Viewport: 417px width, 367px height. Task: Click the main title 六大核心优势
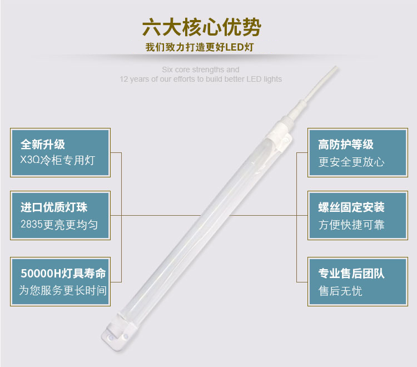201,27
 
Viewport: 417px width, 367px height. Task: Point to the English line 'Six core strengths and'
201,70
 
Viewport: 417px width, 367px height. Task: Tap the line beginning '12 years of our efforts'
201,79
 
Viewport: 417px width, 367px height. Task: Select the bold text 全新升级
43,145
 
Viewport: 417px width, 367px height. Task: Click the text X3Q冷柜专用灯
58,161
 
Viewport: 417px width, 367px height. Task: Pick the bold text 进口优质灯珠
54,208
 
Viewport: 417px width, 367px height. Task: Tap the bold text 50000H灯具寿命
63,274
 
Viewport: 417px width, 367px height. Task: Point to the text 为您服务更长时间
63,290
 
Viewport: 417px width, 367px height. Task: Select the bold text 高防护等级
346,145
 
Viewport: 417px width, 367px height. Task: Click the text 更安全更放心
351,162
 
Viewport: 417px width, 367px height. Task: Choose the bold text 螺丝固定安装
351,208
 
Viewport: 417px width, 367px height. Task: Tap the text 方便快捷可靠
351,225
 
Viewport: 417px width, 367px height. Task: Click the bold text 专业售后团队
351,274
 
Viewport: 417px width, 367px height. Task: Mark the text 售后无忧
340,290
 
